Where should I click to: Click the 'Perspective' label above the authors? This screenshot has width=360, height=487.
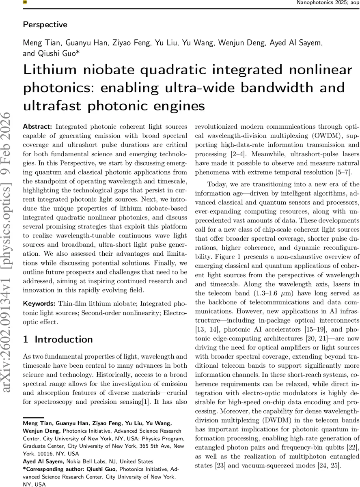click(45, 24)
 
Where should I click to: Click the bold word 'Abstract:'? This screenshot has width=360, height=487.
click(39, 126)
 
